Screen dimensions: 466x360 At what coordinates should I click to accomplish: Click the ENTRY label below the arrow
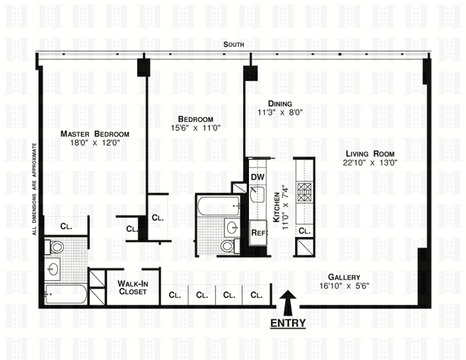288,323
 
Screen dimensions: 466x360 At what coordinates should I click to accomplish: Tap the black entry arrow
288,303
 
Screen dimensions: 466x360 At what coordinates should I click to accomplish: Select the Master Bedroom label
95,134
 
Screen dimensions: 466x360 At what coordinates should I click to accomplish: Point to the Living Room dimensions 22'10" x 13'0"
370,163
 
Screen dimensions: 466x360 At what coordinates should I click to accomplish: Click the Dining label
280,103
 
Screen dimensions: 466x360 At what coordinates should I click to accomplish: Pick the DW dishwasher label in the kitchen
258,177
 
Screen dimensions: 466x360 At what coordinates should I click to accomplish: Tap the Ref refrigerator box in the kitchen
258,233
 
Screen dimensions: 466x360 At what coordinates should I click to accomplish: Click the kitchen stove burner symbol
304,192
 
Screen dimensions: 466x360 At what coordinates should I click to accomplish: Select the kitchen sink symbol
258,194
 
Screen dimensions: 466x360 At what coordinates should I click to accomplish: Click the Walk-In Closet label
132,287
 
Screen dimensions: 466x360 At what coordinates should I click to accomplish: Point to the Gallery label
344,277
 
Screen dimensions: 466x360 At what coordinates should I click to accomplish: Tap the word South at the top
234,45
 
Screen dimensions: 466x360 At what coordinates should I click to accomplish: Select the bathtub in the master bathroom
66,294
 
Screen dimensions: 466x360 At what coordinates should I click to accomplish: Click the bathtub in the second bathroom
219,206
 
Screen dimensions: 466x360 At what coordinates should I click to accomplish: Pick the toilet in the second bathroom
230,246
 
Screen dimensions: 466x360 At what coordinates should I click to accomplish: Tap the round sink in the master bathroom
53,269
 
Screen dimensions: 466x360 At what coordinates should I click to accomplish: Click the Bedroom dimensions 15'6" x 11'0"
196,128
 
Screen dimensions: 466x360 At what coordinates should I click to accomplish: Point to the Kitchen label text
276,208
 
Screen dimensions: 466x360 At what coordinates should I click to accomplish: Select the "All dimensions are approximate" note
35,189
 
